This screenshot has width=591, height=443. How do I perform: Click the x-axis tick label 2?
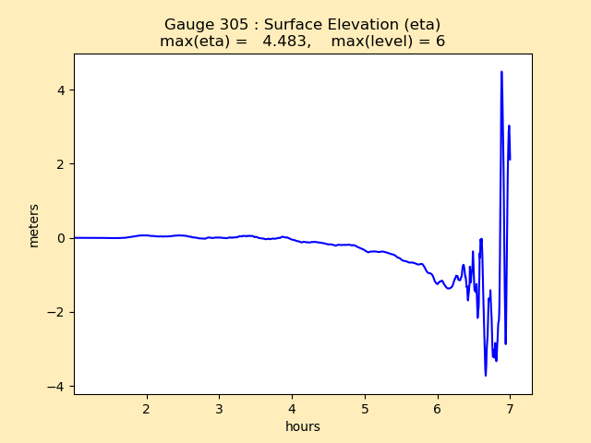coord(146,408)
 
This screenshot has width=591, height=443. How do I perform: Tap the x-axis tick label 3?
coord(219,408)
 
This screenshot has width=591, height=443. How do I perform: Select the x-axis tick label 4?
coord(292,408)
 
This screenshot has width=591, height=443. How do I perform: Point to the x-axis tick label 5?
coord(365,408)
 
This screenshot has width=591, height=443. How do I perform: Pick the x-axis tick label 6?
coord(438,408)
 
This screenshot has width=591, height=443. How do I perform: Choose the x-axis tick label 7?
coord(510,408)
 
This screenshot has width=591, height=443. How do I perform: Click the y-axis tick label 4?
coord(61,90)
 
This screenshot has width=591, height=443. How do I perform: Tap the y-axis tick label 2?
coord(61,164)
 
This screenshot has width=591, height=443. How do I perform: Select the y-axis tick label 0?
coord(61,238)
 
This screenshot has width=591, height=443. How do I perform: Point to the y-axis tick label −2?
coord(56,312)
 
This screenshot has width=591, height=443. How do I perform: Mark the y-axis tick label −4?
coord(56,386)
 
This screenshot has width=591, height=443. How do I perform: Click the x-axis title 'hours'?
coord(303,426)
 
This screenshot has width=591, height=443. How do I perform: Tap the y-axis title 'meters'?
coord(34,224)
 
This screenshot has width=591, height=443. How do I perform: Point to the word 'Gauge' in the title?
coord(187,25)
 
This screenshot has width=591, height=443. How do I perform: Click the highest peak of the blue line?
coord(501,72)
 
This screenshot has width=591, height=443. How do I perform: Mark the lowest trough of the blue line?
coord(486,375)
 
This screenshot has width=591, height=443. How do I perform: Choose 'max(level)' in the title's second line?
coord(368,42)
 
